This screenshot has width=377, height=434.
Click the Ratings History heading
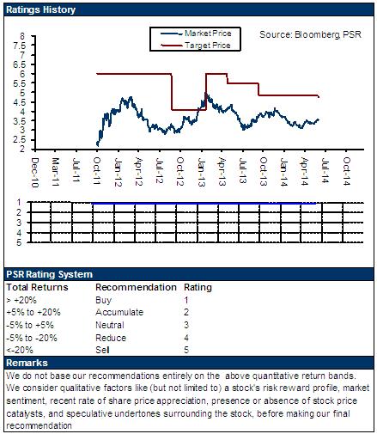40,9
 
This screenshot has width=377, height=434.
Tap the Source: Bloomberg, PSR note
310,34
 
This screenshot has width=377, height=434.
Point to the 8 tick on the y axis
22,36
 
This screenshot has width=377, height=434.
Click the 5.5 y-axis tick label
19,83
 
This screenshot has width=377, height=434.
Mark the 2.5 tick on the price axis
19,140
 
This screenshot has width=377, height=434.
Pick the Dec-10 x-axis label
34,172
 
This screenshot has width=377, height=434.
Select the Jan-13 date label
202,172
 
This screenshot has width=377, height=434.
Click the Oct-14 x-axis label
347,171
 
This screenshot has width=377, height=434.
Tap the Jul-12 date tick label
160,170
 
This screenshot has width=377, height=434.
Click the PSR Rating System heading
50,274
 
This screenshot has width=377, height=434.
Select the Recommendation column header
136,287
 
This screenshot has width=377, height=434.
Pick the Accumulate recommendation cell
119,312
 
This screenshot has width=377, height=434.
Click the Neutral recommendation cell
110,325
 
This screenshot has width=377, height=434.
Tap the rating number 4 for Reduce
186,338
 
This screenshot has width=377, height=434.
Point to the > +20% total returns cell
21,300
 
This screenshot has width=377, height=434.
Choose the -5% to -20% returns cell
32,338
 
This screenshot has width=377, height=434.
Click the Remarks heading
27,363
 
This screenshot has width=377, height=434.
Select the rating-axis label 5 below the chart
19,242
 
